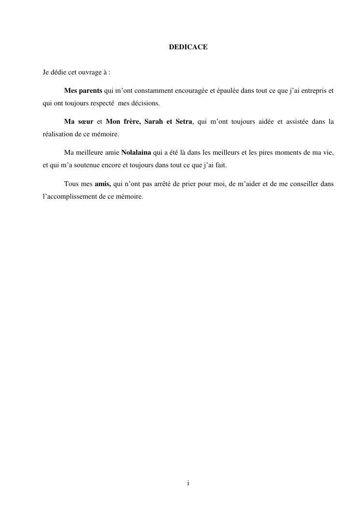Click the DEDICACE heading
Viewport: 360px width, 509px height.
188,47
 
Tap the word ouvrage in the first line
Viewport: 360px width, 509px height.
88,73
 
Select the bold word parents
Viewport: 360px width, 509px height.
90,91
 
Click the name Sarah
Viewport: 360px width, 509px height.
153,122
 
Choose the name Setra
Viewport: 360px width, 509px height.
184,122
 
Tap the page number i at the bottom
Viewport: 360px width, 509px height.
188,483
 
